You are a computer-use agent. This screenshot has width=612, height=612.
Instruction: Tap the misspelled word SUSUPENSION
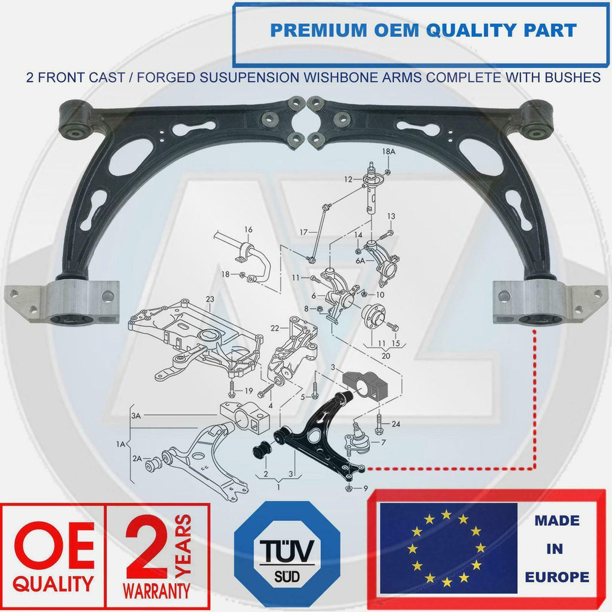point(247,77)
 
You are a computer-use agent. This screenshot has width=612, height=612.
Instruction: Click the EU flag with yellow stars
point(448,548)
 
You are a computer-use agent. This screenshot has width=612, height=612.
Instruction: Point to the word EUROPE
point(557,577)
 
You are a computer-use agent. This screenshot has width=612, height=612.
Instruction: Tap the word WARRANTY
point(157,590)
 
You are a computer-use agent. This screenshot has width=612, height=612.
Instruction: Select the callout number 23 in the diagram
point(210,299)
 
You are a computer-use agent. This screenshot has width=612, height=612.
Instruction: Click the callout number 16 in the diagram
point(248,229)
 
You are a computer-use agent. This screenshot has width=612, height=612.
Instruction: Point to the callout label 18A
point(388,151)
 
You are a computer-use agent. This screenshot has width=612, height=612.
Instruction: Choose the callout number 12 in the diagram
point(348,179)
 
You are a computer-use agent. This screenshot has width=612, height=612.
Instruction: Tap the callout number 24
point(396,424)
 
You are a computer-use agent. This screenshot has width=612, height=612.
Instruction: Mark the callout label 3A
point(136,416)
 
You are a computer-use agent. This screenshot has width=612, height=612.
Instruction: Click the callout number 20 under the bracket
point(385,356)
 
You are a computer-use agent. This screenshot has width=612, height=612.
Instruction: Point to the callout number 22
point(275,328)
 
